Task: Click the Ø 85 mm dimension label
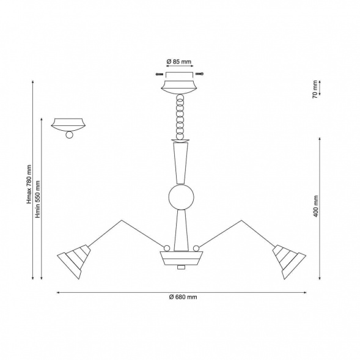pos(179,62)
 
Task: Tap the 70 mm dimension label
pos(315,89)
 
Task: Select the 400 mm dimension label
pos(316,206)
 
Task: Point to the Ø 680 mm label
pos(183,297)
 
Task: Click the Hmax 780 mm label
pos(29,184)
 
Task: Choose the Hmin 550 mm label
pos(38,199)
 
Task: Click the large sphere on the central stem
pos(181,197)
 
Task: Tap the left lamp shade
pos(74,262)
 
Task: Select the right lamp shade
pos(289,262)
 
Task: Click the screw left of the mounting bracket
pos(160,74)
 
